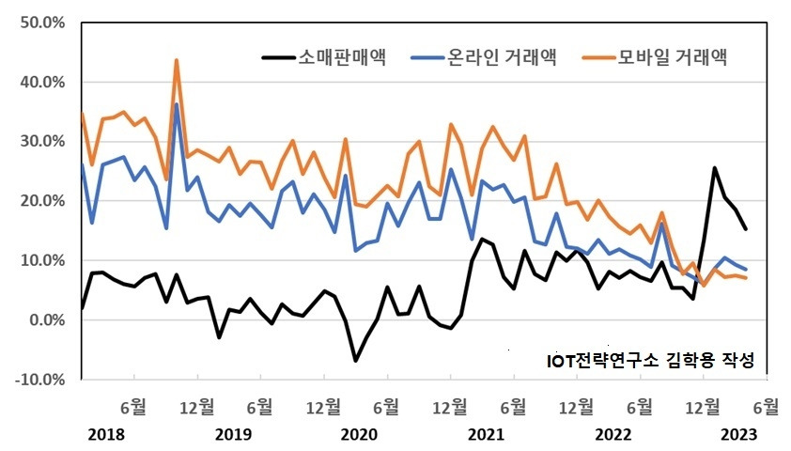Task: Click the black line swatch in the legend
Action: (278, 58)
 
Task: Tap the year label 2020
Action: (358, 435)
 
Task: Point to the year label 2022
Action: (613, 435)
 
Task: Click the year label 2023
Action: (738, 435)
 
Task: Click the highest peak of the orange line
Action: (177, 60)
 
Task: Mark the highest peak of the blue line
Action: (177, 104)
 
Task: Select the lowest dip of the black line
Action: (356, 361)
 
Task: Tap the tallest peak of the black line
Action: (715, 168)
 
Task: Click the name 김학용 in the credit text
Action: (692, 360)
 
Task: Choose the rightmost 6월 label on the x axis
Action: (766, 407)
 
